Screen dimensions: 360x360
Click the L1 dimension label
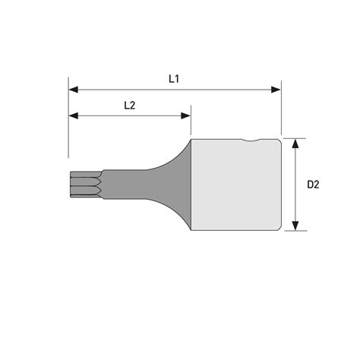(174, 79)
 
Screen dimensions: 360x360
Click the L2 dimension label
(130, 106)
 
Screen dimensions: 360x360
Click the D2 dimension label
(313, 185)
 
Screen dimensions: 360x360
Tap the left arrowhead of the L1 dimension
(73, 90)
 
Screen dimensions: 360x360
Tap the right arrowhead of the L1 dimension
(276, 90)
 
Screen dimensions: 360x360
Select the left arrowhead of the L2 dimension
(73, 116)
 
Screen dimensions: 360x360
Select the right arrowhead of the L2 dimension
(185, 116)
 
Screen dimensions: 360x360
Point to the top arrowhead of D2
(295, 144)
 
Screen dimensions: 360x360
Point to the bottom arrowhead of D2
(295, 226)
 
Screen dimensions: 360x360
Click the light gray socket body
(236, 185)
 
